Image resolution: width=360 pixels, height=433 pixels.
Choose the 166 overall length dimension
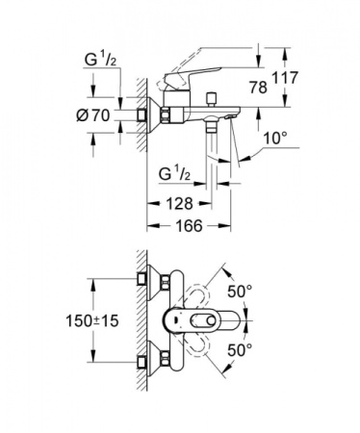coord(193,230)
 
